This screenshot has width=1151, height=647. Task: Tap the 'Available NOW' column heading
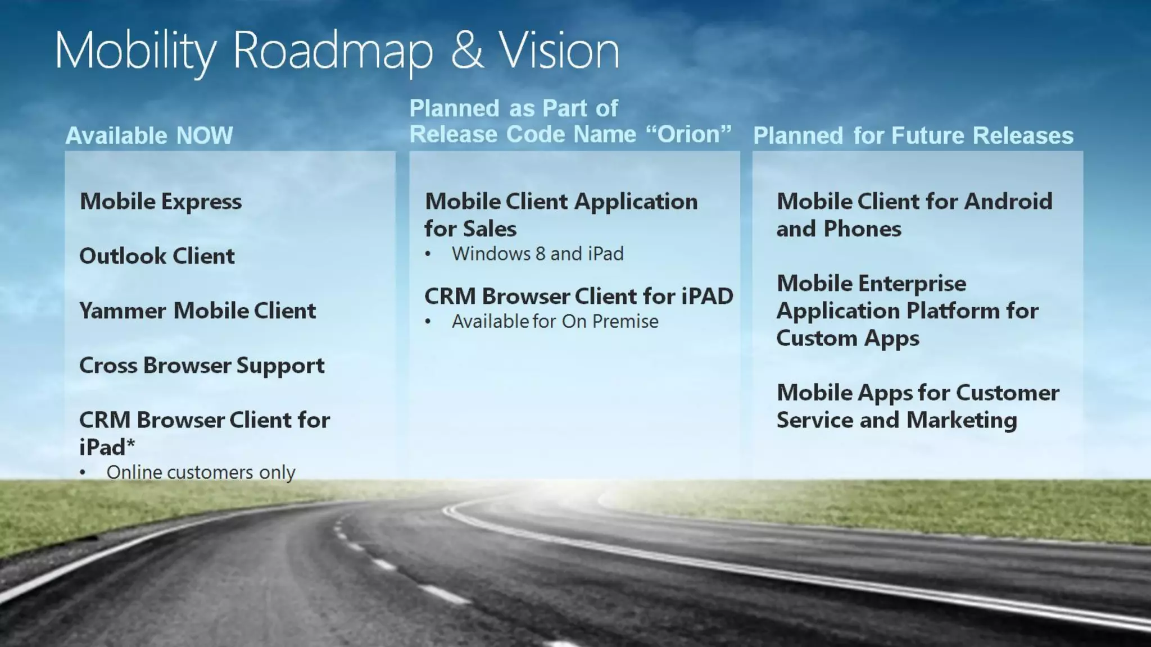[149, 136]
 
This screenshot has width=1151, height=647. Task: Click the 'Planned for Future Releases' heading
[913, 136]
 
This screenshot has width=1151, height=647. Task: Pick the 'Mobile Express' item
[161, 202]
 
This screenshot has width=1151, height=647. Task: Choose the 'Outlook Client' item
[157, 256]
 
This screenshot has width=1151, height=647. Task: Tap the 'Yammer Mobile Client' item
[197, 311]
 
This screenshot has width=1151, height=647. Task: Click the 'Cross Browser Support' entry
[202, 366]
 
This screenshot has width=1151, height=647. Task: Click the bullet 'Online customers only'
[201, 472]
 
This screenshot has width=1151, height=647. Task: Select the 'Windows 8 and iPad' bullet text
[537, 254]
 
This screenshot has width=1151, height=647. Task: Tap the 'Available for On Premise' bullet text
[555, 321]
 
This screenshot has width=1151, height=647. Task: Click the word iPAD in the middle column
[707, 297]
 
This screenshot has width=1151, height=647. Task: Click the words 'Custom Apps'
[848, 338]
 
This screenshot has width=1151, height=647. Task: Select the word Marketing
[962, 420]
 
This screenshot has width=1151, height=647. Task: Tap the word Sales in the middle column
[490, 229]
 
